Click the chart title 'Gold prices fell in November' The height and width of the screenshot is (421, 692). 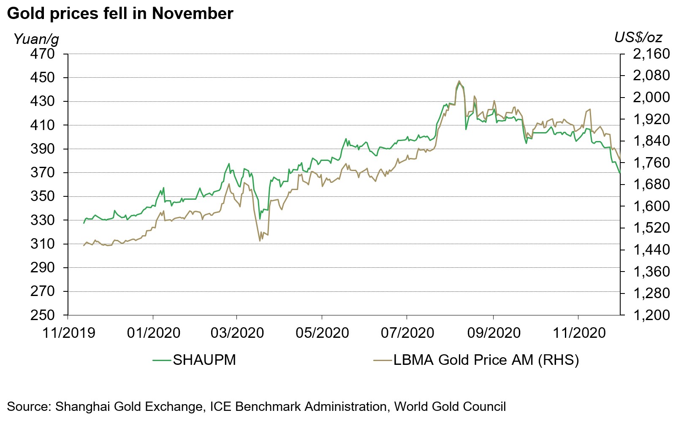coord(120,14)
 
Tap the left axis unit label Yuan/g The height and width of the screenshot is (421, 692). coord(36,39)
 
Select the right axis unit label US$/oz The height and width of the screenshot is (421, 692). coord(638,38)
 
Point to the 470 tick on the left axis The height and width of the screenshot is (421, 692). coord(43,54)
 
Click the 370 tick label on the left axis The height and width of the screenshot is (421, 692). coord(43,173)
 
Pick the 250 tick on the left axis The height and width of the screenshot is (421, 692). coord(43,315)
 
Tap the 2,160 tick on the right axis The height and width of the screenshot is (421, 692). coord(651,54)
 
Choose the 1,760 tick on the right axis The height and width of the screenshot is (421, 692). coord(651,163)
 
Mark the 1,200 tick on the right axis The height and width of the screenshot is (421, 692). coord(651,315)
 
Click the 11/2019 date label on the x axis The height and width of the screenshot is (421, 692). coord(69,333)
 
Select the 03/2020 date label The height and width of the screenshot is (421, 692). coord(237,333)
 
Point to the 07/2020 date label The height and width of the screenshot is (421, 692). coord(407,333)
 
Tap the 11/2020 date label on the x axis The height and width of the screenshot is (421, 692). coord(579,333)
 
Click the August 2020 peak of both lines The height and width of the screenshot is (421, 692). coord(459,81)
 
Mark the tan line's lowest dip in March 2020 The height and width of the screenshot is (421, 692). coord(260,241)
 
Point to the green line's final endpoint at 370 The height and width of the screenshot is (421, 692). coord(619,173)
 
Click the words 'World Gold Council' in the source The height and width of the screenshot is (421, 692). coord(450,407)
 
